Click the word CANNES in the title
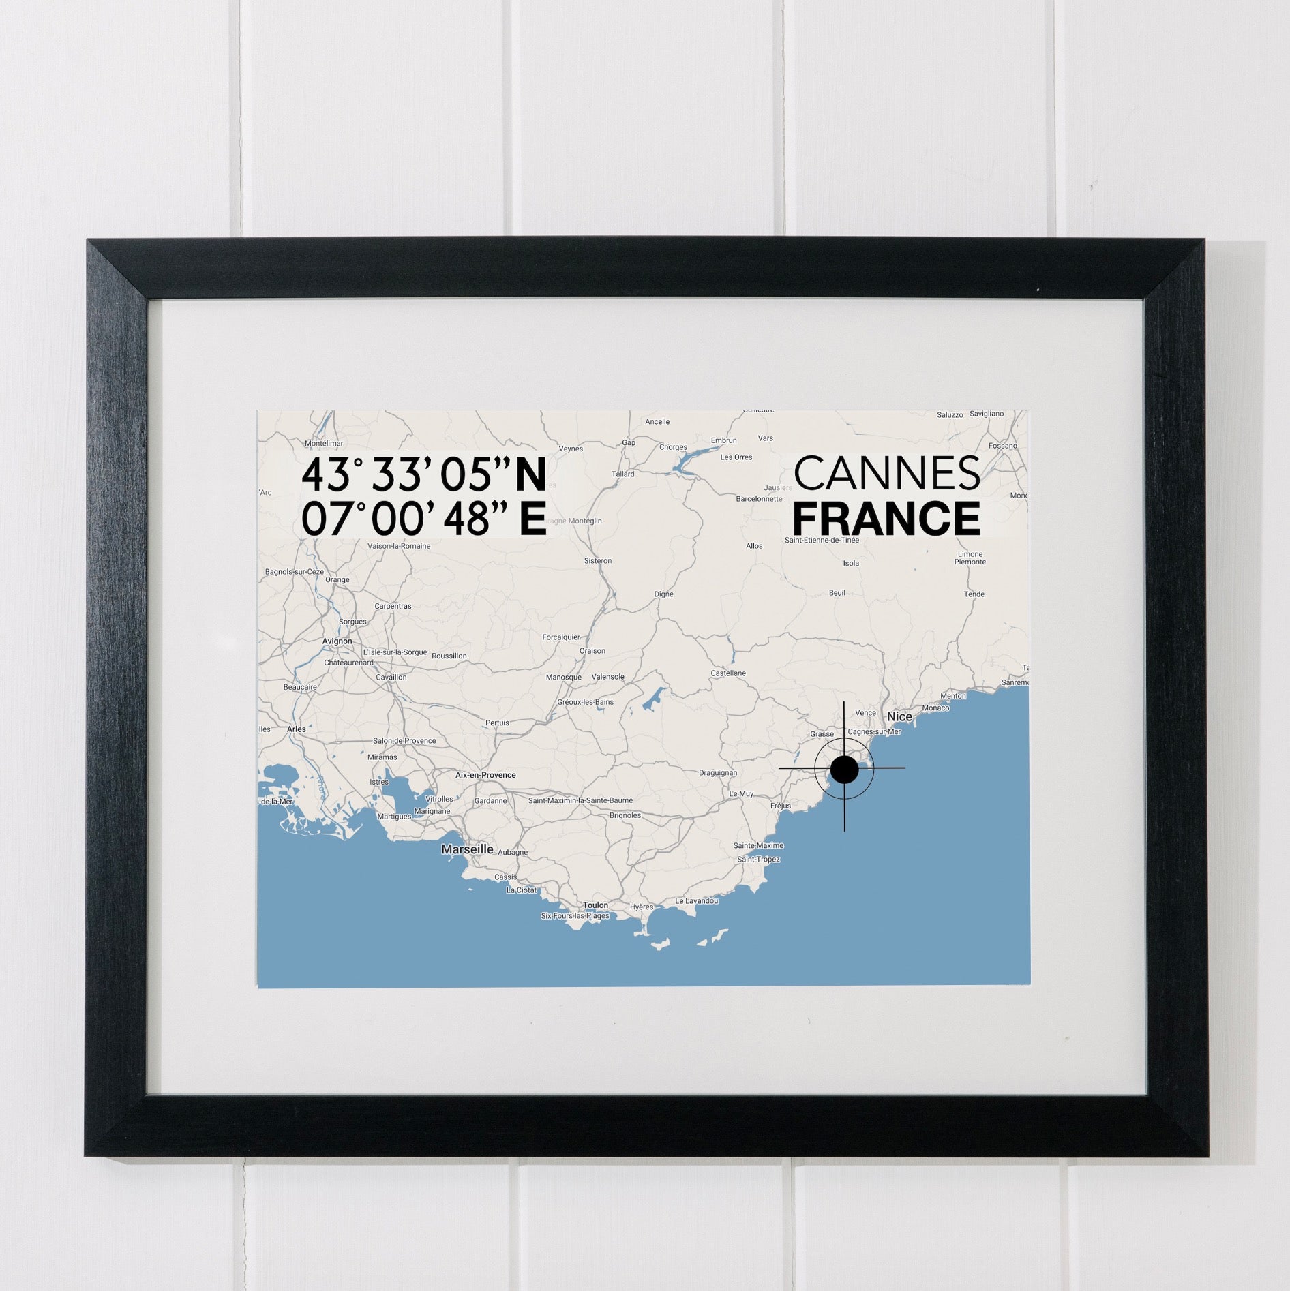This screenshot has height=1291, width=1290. click(x=886, y=474)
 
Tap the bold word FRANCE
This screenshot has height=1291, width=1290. click(x=886, y=519)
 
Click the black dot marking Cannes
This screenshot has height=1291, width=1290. click(x=844, y=770)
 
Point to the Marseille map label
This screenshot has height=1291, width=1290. click(x=467, y=849)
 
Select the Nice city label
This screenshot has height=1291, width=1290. click(x=899, y=716)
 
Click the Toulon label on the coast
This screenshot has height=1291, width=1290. click(x=595, y=905)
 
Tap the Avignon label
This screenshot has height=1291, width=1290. click(x=337, y=641)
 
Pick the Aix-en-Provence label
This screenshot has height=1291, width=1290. click(x=485, y=775)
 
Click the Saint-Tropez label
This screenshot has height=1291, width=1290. click(x=758, y=860)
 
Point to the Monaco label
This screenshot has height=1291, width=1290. click(x=935, y=708)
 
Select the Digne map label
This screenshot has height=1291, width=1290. click(x=663, y=594)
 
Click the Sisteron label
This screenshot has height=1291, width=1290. click(x=598, y=561)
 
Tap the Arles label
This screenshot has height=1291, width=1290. click(x=297, y=729)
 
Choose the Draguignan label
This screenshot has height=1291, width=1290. click(x=718, y=773)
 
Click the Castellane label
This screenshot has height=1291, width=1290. click(x=728, y=673)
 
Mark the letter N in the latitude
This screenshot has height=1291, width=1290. click(x=530, y=475)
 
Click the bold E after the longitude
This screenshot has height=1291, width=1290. click(x=532, y=519)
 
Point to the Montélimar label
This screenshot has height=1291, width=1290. click(x=324, y=443)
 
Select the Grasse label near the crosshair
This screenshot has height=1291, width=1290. click(x=822, y=734)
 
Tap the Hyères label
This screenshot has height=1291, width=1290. click(x=641, y=907)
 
